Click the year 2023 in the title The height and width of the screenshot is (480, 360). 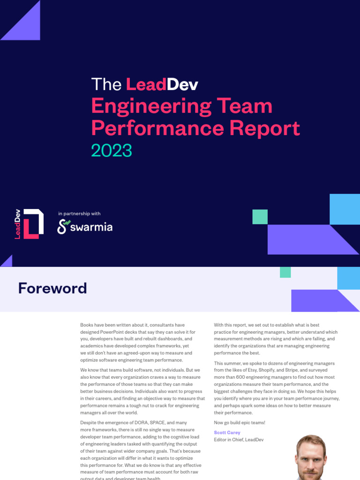click(112, 151)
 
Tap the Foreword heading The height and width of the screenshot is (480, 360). click(52, 288)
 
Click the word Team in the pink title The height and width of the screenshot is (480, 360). click(245, 106)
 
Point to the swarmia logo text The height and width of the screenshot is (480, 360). click(91, 227)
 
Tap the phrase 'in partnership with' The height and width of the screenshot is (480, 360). click(79, 214)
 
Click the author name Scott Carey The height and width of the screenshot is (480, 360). click(227, 433)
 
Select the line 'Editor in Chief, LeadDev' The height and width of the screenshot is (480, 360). click(239, 440)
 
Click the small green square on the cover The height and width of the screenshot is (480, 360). click(260, 217)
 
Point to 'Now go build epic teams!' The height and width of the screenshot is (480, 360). click(240, 423)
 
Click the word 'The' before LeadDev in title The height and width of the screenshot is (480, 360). click(106, 84)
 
